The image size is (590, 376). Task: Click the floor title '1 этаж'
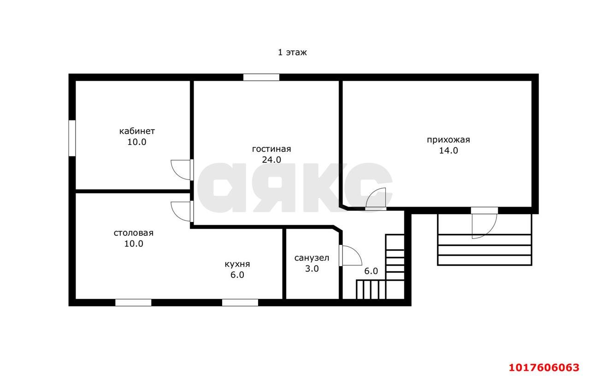click(x=292, y=52)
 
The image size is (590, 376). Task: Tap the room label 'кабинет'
click(x=137, y=131)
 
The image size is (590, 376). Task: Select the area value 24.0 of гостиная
click(x=271, y=160)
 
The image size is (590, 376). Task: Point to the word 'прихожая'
click(x=448, y=140)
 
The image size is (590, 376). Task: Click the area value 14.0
click(x=448, y=150)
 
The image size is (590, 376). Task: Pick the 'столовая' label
click(x=134, y=233)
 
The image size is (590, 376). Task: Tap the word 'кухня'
click(x=237, y=264)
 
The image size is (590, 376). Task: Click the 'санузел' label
click(x=312, y=258)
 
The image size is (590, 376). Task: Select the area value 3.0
click(x=312, y=269)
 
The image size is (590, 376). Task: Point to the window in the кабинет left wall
click(x=72, y=138)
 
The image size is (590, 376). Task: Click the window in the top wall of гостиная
click(x=261, y=77)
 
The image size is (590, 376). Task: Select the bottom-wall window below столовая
click(x=133, y=303)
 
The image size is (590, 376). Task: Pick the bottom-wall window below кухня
click(x=240, y=303)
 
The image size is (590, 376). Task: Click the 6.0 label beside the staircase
click(x=371, y=271)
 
